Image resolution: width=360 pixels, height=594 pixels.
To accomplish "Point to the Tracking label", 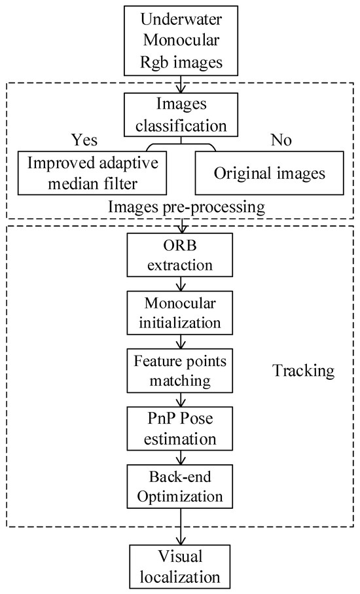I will pos(302,371).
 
